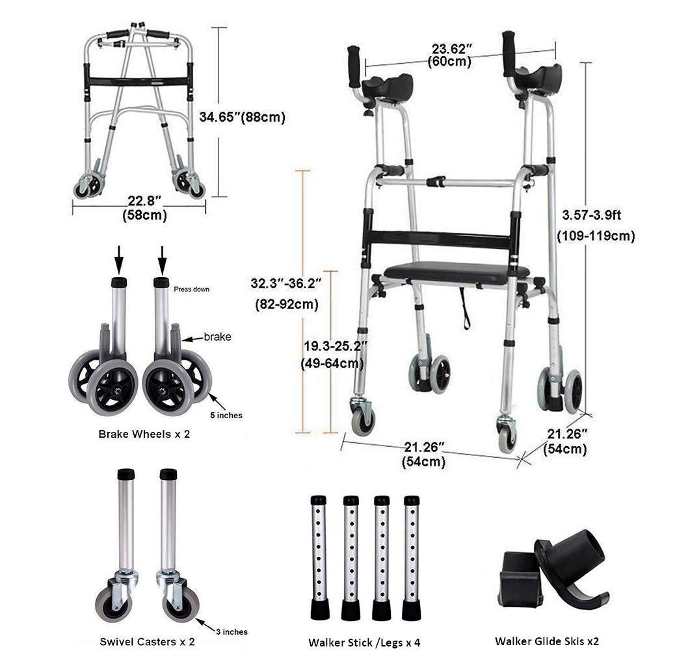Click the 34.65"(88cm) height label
tap(242, 117)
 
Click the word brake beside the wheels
tap(217, 337)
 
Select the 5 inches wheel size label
tap(226, 415)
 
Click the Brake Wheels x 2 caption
tap(144, 434)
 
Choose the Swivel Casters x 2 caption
tap(147, 642)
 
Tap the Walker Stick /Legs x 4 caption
tap(364, 642)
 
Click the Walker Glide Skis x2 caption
tap(547, 641)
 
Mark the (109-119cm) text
tap(596, 235)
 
